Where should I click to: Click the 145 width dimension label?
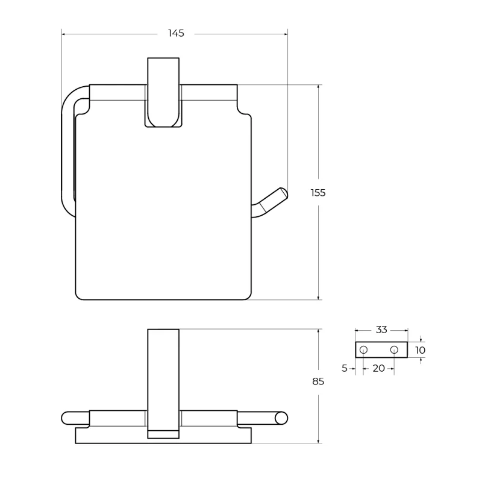point(176,33)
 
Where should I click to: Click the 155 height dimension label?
point(318,193)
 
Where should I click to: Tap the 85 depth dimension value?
point(318,381)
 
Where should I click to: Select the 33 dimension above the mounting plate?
point(381,330)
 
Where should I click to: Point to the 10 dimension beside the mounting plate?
point(420,350)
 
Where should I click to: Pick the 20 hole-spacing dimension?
point(379,368)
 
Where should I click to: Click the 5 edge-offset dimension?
point(345,368)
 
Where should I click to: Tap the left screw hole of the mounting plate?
point(363,350)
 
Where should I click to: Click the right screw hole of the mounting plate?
point(394,350)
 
